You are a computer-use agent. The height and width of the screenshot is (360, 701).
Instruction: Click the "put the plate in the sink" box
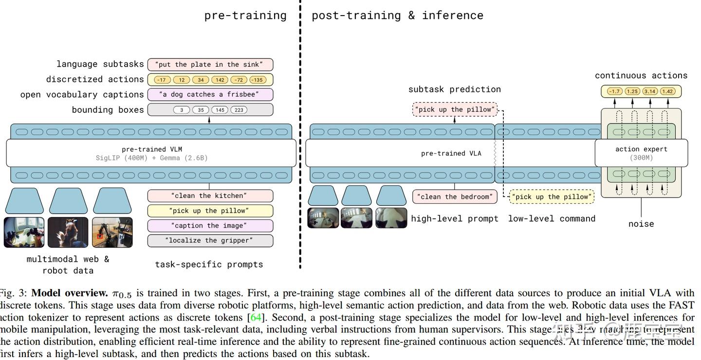point(210,65)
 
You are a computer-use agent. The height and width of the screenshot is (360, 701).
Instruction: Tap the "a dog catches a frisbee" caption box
point(210,94)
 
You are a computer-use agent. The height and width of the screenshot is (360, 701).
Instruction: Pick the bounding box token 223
point(239,110)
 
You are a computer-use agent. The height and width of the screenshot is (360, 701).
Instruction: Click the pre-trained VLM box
point(151,153)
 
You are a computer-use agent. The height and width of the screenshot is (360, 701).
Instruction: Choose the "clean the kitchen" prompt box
point(210,196)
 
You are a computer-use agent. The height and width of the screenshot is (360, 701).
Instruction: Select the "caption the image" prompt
point(210,226)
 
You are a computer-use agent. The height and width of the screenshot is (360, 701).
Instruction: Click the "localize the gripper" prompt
point(210,240)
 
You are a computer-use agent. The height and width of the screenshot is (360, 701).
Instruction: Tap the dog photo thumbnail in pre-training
point(68,232)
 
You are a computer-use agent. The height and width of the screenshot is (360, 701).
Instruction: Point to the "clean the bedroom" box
point(454,197)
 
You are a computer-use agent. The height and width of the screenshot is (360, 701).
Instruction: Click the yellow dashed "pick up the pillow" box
point(552,197)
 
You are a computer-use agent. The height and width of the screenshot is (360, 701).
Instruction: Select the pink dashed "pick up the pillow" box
point(455,109)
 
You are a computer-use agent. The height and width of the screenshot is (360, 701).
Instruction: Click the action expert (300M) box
point(641,153)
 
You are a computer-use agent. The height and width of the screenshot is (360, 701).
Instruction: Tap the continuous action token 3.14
point(650,91)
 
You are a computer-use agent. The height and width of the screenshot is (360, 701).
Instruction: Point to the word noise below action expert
point(641,224)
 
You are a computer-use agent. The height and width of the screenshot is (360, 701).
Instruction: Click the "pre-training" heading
point(245,16)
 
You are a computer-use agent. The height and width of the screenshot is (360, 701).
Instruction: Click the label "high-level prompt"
point(454,219)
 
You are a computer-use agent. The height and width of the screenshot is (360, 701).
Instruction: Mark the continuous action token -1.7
point(614,91)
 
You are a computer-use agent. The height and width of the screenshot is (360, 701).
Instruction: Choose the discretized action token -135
point(258,80)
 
